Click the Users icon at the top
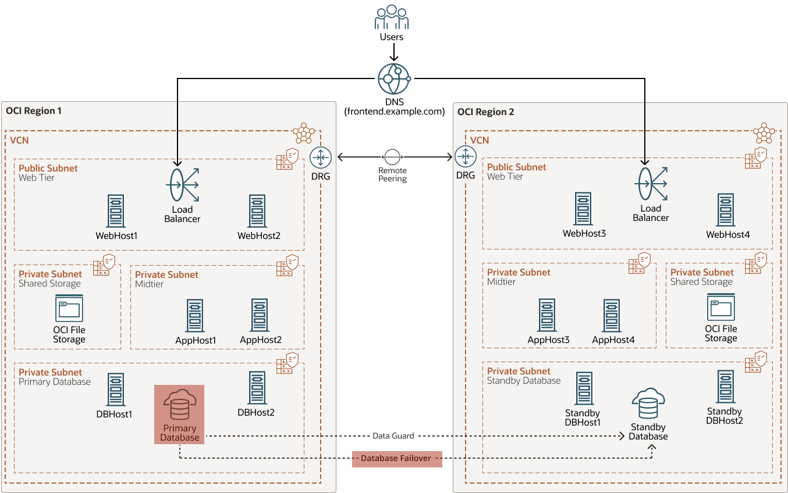(x=391, y=17)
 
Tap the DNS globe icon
(x=394, y=78)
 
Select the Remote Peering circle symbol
(x=392, y=156)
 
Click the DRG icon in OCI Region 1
(x=321, y=157)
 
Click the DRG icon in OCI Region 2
(x=466, y=156)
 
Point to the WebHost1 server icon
(x=116, y=211)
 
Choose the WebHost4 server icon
(x=725, y=210)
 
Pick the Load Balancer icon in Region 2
(x=650, y=184)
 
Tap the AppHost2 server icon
(x=260, y=315)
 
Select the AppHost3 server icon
(x=547, y=315)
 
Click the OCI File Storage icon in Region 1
(x=69, y=308)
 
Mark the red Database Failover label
(x=396, y=459)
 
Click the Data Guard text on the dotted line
(x=393, y=435)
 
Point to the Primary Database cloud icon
(x=180, y=405)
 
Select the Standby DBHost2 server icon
(x=725, y=387)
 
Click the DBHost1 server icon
(x=116, y=390)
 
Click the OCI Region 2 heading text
(x=486, y=112)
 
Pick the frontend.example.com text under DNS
(x=394, y=111)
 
